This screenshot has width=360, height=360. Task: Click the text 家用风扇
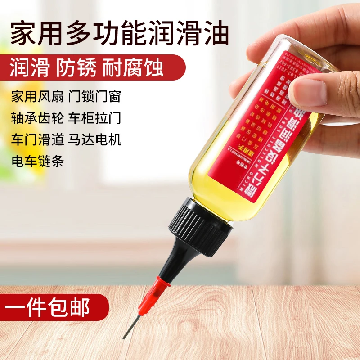point(37,96)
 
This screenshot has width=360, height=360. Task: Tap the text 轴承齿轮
point(37,118)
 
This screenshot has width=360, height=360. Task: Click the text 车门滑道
point(37,139)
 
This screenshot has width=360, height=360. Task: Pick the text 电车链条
point(37,161)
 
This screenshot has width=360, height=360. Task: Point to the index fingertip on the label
point(310,92)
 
